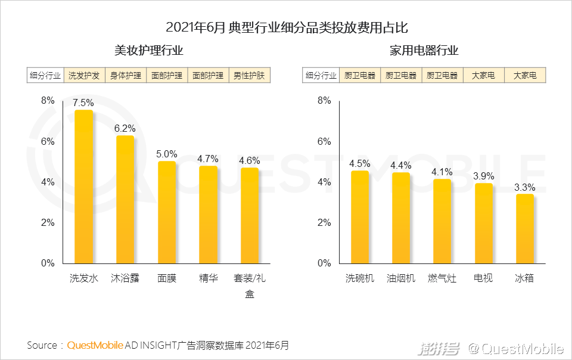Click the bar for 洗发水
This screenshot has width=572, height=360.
tap(83, 187)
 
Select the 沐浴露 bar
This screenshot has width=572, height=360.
tap(125, 199)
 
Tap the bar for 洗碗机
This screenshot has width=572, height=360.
tap(360, 217)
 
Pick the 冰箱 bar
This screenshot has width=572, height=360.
tap(524, 229)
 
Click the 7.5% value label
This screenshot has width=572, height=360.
tap(83, 103)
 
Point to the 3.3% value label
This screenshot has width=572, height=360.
tap(525, 187)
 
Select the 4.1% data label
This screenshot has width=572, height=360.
tap(442, 172)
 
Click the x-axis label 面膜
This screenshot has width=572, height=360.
tap(167, 278)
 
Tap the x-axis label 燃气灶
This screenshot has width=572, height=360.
tap(442, 278)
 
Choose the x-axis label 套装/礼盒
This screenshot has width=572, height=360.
tap(250, 285)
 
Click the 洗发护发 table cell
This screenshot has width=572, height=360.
tap(83, 76)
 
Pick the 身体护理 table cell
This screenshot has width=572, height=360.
tap(125, 76)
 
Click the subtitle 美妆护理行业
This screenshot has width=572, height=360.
tap(148, 51)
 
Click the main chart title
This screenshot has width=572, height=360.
tap(287, 28)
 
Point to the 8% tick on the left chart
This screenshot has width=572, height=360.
tap(48, 101)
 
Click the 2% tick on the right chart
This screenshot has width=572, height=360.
tap(324, 222)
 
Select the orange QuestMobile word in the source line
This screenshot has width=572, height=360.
tap(95, 345)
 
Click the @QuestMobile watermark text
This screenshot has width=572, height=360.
tap(515, 348)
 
